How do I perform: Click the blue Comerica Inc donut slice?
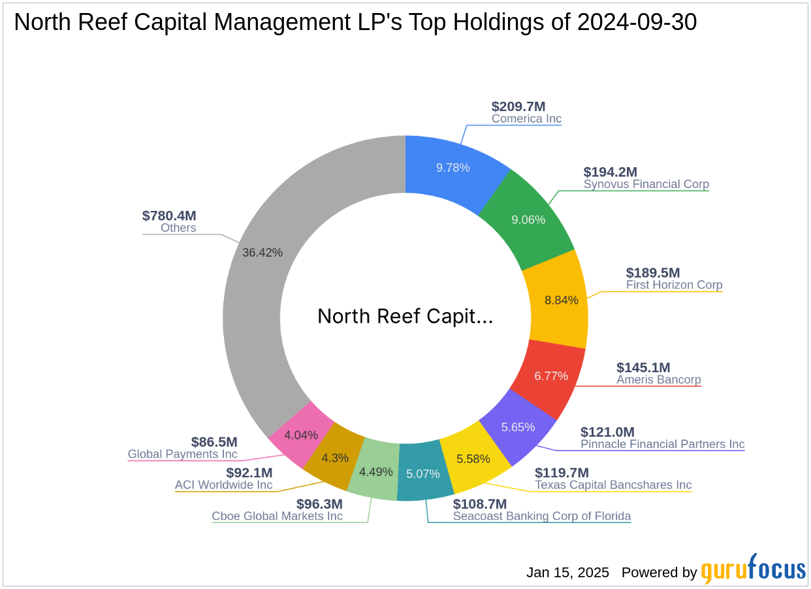[x=453, y=168]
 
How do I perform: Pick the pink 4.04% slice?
[x=301, y=434]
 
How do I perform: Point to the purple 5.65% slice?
[x=518, y=426]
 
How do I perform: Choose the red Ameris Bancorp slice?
[x=550, y=375]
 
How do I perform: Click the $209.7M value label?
[x=518, y=106]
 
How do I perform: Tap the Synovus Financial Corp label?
[x=646, y=184]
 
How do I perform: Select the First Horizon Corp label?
[x=674, y=285]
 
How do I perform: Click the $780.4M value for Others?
[x=169, y=215]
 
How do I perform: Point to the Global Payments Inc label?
[x=182, y=454]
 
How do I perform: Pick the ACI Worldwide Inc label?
[x=223, y=485]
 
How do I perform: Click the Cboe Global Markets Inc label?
[x=277, y=516]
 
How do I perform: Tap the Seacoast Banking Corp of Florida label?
[x=542, y=516]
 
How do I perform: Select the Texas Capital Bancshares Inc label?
[x=612, y=485]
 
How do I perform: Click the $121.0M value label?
[x=607, y=432]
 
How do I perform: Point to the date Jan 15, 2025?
[x=567, y=573]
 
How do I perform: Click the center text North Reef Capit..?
[x=405, y=317]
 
